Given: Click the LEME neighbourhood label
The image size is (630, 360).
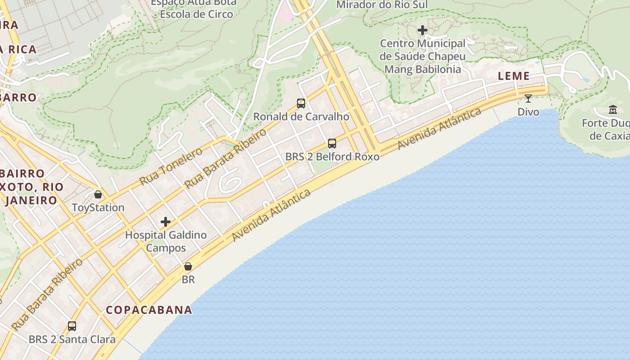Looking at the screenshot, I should point(513,76).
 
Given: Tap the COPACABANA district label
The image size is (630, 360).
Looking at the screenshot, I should point(149,310).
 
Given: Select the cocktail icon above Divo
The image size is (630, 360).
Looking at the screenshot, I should point(528,98).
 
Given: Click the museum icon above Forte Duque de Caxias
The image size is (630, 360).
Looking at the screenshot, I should point(613,109).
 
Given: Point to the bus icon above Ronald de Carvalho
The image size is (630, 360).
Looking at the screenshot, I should point(301,103).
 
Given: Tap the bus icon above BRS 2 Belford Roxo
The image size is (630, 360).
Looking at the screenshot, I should point(332,144).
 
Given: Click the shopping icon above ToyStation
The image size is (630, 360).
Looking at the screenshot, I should point(98,194).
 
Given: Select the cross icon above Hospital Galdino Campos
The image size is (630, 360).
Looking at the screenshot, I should point(166,221).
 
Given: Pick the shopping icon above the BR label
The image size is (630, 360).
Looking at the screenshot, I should point(188,266).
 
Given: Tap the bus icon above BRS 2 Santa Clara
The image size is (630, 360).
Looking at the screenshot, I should point(72,326).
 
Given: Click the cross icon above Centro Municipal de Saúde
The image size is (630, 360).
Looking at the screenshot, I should point(422,30).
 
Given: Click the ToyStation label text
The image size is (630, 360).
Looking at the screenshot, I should point(98,207).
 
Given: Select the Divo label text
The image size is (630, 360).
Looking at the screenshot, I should point(528,112).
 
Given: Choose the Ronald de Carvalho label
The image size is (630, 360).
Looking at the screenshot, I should point(301,117).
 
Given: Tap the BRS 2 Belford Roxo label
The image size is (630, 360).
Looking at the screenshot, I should point(332,157).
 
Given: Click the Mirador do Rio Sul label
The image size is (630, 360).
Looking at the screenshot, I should point(382,4).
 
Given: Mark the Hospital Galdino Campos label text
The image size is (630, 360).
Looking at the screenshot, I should point(166,241).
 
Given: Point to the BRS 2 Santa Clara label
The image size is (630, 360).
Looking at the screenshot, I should point(72,339).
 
